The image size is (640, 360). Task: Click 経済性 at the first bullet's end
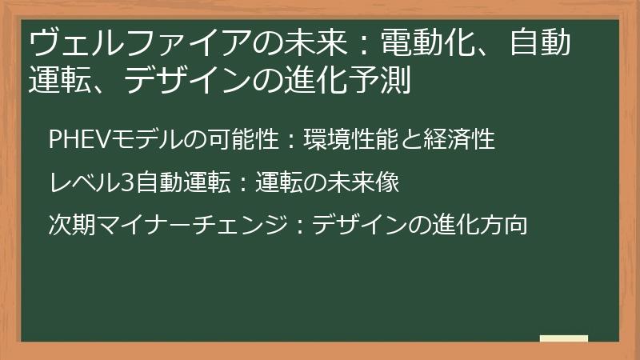(x=466, y=138)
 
